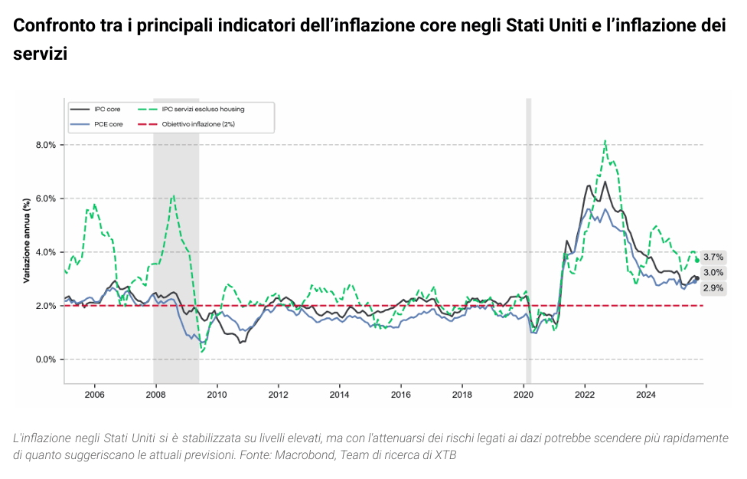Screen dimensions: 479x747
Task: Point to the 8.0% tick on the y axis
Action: coord(46,145)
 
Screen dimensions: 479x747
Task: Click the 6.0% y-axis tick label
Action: coord(46,198)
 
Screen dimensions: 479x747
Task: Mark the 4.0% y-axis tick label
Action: coord(46,252)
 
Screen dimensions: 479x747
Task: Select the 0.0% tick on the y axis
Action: coord(46,359)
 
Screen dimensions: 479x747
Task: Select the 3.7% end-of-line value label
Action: coord(713,258)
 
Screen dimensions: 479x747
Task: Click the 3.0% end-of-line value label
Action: coord(713,273)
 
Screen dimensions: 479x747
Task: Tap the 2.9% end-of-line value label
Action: coord(713,288)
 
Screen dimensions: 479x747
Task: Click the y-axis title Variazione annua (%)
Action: coord(26,241)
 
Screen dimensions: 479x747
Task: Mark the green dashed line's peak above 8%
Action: coord(605,141)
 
